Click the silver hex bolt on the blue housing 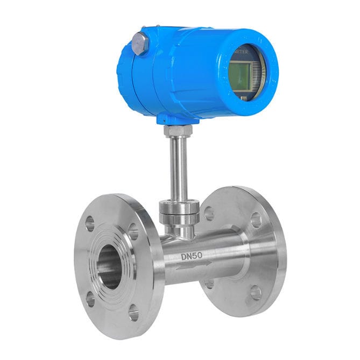pos(140,43)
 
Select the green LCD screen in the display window pos(241,75)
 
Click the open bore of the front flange pos(110,266)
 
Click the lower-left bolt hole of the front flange pos(91,299)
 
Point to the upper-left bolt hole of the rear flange pos(209,214)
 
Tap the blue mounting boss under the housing pos(171,119)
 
